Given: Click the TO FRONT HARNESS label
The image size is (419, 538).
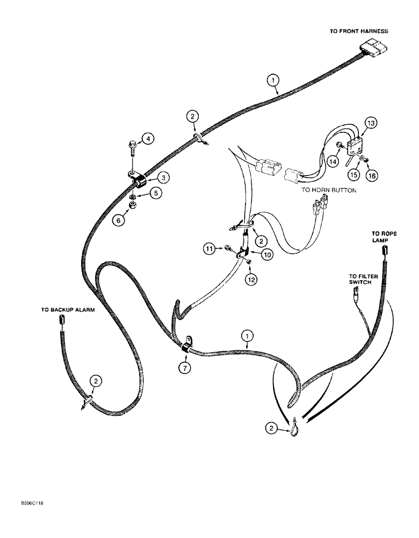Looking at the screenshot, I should click(358, 32).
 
